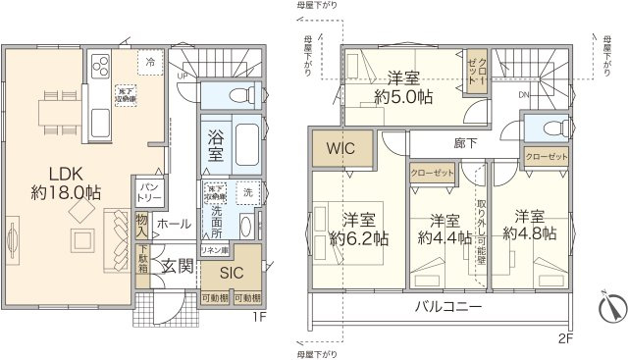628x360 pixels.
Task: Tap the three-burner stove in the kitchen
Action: point(101,66)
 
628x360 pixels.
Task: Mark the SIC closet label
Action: point(232,271)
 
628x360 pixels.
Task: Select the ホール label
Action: point(174,225)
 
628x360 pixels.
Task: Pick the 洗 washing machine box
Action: point(246,190)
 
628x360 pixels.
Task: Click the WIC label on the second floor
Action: point(340,150)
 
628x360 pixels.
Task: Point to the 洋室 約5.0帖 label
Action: point(403,86)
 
